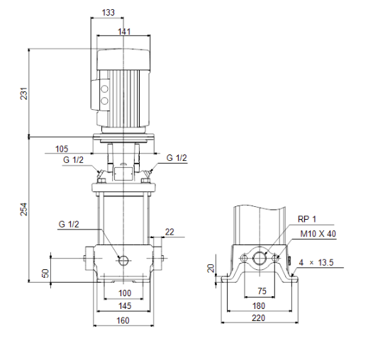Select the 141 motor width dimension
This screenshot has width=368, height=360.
(124, 30)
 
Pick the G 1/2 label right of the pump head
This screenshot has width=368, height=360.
(177, 157)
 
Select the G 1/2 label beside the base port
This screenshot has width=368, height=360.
(69, 225)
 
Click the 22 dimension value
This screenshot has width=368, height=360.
(169, 232)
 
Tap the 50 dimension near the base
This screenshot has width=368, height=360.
(45, 272)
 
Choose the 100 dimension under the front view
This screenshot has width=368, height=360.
(124, 293)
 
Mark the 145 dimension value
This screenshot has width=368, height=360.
(124, 305)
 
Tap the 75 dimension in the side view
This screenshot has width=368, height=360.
(261, 291)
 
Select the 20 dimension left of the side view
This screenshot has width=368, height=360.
(210, 268)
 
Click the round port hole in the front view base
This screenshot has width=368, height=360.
(124, 260)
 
